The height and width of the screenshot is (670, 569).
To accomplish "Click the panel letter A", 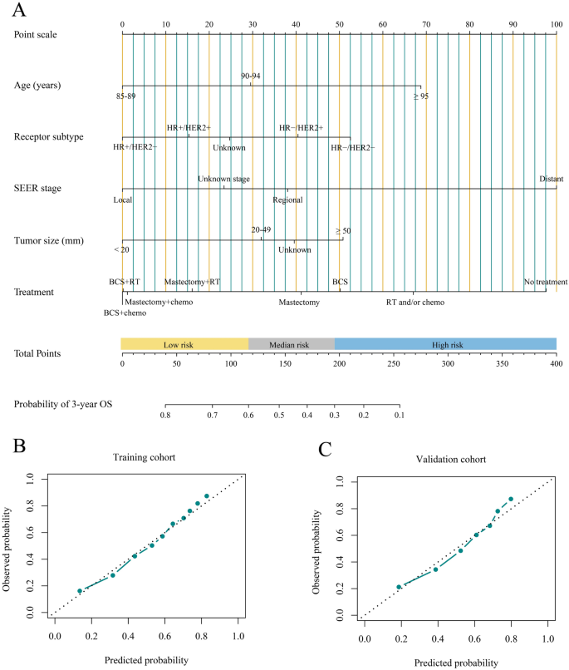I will (x=19, y=11).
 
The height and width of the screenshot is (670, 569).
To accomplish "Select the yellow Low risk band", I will (x=184, y=344).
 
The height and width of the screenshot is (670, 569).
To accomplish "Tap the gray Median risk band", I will (x=291, y=344).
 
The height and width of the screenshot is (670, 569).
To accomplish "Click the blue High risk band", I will (x=445, y=344).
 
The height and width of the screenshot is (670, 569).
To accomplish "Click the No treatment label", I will (x=545, y=282).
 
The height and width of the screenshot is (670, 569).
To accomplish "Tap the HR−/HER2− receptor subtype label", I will (x=352, y=148).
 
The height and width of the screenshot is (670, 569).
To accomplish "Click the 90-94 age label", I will (x=251, y=76).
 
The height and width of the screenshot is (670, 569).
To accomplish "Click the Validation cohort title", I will (x=456, y=459).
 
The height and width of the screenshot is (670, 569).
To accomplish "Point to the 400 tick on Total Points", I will (x=556, y=363).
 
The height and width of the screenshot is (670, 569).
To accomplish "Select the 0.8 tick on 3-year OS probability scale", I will (x=165, y=413).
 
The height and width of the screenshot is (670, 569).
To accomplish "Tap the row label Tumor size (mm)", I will (x=49, y=241).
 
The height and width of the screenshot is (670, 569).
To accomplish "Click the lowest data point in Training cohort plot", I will (x=80, y=591).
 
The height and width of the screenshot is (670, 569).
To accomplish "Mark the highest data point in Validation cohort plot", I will (x=511, y=499).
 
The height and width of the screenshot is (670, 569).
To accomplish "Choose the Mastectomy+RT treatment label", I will (x=192, y=282).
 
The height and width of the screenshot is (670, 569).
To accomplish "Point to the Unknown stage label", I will (x=223, y=179).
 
